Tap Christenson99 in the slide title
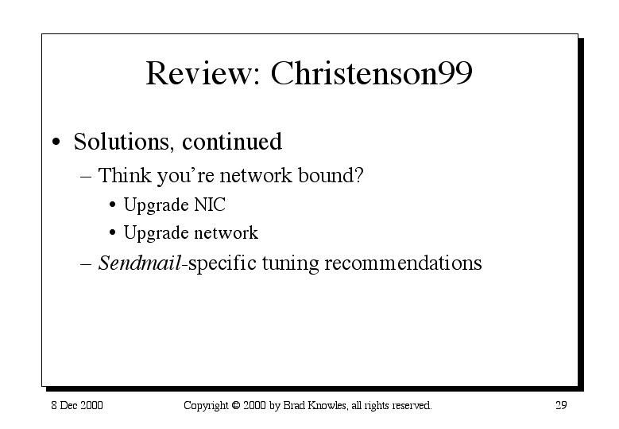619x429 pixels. pyautogui.click(x=371, y=72)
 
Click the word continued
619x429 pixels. pyautogui.click(x=232, y=141)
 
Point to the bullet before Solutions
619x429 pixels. pyautogui.click(x=56, y=142)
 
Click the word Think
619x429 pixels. pyautogui.click(x=124, y=175)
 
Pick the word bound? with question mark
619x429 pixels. pyautogui.click(x=331, y=175)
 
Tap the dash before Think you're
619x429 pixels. pyautogui.click(x=86, y=177)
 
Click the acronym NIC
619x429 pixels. pyautogui.click(x=210, y=205)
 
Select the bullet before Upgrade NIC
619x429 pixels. pyautogui.click(x=113, y=205)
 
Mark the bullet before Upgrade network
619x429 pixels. pyautogui.click(x=113, y=232)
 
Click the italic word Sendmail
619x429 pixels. pyautogui.click(x=139, y=263)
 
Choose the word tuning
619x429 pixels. pyautogui.click(x=290, y=263)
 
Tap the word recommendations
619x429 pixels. pyautogui.click(x=403, y=263)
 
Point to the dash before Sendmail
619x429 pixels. pyautogui.click(x=86, y=264)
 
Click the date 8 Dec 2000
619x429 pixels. pyautogui.click(x=77, y=405)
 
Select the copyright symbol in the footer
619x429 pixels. pyautogui.click(x=236, y=405)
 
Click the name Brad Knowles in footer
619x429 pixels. pyautogui.click(x=315, y=405)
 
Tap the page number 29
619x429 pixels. pyautogui.click(x=561, y=405)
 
